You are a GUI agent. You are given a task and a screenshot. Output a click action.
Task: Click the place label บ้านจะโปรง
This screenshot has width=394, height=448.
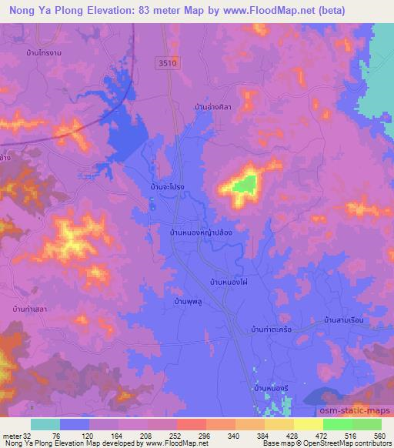click(166, 187)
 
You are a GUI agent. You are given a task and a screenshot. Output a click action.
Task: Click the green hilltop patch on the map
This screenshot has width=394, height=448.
click(245, 184)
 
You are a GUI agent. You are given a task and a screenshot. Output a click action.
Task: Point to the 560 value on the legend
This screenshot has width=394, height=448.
click(379, 435)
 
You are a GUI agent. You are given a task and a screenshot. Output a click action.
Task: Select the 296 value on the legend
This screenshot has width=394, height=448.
click(204, 435)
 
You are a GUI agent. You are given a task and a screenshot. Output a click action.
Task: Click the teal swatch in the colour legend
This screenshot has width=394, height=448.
click(45, 424)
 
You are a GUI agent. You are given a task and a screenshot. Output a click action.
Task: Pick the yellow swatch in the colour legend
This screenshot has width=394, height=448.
click(308, 424)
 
